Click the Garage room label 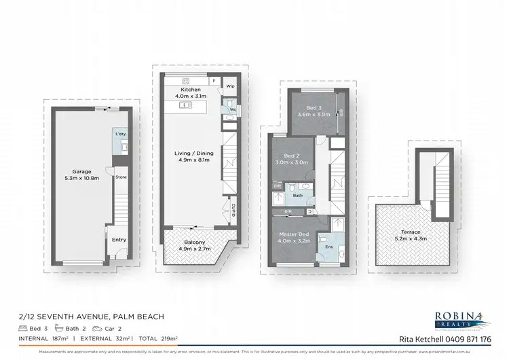point(82,172)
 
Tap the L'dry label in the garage point(121,134)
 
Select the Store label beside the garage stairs point(121,177)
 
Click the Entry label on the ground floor point(119,239)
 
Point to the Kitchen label point(190,90)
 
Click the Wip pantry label point(231,87)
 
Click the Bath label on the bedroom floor point(297,196)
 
